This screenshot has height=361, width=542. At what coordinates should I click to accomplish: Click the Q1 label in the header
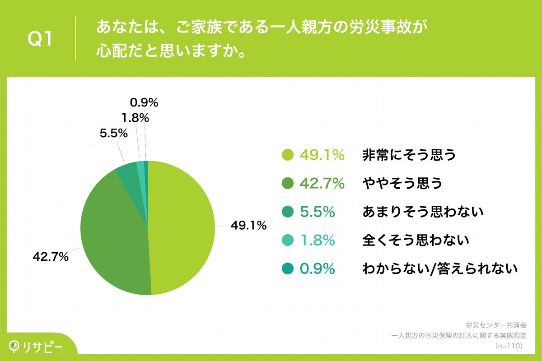pyautogui.click(x=41, y=39)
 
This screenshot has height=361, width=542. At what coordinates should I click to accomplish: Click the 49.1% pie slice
pyautogui.click(x=183, y=226)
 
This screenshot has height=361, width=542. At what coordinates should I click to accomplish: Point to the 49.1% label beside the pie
pyautogui.click(x=248, y=225)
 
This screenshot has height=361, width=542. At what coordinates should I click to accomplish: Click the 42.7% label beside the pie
pyautogui.click(x=51, y=257)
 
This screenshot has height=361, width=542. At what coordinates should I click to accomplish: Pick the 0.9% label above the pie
pyautogui.click(x=144, y=103)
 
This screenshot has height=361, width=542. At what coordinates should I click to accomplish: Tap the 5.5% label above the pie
pyautogui.click(x=113, y=134)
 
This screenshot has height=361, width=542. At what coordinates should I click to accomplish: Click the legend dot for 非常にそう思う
pyautogui.click(x=288, y=155)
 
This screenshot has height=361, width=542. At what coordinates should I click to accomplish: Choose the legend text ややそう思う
pyautogui.click(x=402, y=184)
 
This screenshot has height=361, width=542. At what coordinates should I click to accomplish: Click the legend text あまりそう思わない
pyautogui.click(x=423, y=212)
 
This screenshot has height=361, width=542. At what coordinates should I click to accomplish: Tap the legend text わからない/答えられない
pyautogui.click(x=439, y=268)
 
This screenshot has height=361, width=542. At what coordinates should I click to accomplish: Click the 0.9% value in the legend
pyautogui.click(x=317, y=268)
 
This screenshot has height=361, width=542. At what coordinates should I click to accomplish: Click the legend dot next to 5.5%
pyautogui.click(x=288, y=212)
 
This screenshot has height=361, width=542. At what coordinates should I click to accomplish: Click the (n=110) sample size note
pyautogui.click(x=509, y=346)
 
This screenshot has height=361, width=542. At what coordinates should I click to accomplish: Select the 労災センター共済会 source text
pyautogui.click(x=496, y=325)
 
